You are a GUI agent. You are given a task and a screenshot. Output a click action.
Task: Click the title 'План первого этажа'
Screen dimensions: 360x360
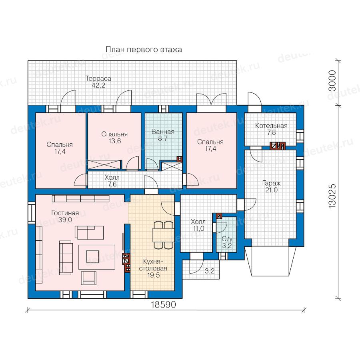pos(144,50)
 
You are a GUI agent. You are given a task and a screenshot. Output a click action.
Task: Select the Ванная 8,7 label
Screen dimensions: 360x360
pos(163,135)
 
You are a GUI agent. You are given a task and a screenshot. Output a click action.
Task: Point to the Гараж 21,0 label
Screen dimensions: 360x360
pos(271,187)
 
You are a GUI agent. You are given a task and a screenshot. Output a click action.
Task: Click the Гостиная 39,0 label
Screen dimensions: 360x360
pos(65,216)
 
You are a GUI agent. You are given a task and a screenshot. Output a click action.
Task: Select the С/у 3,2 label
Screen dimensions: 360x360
pos(227,242)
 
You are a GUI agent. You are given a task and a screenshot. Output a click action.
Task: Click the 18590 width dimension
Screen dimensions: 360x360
pos(163,304)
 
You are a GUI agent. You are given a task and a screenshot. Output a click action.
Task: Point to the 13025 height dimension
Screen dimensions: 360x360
pos(332,196)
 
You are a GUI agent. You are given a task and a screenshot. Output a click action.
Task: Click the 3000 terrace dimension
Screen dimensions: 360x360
pos(332,80)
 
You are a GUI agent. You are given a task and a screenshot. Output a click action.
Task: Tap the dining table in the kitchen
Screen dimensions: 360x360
pos(164,235)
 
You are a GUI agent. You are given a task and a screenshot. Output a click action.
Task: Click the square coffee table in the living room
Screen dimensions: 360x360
pos(92,257)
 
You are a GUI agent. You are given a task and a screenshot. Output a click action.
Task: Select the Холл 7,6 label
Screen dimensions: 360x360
pos(112,181)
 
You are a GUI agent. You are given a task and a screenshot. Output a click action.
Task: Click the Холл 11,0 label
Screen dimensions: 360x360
pos(198,225)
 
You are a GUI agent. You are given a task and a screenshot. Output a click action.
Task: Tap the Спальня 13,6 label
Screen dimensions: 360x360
pos(114,138)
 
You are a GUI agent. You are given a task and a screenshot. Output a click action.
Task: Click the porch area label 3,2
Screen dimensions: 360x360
pos(209,271)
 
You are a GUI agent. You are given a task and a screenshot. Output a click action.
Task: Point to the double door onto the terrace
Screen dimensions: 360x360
pos(212,100)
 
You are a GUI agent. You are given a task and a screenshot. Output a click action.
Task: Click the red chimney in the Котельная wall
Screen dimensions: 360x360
pos(278,146)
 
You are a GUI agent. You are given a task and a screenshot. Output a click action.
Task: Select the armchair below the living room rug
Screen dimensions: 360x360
pos(89,278)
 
